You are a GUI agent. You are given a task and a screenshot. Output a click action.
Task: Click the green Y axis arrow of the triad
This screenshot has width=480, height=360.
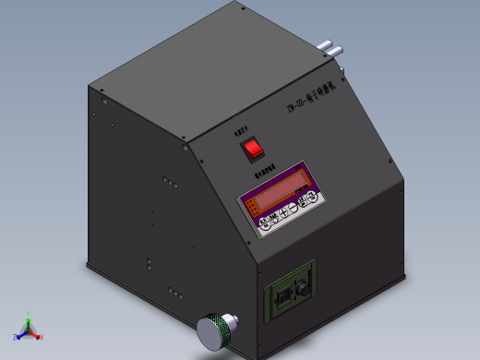coord(29,318)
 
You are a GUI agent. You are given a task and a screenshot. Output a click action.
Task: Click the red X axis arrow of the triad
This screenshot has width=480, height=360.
coord(38,337)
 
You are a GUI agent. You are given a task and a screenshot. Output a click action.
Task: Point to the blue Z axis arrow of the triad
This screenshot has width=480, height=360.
coord(18,335)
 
